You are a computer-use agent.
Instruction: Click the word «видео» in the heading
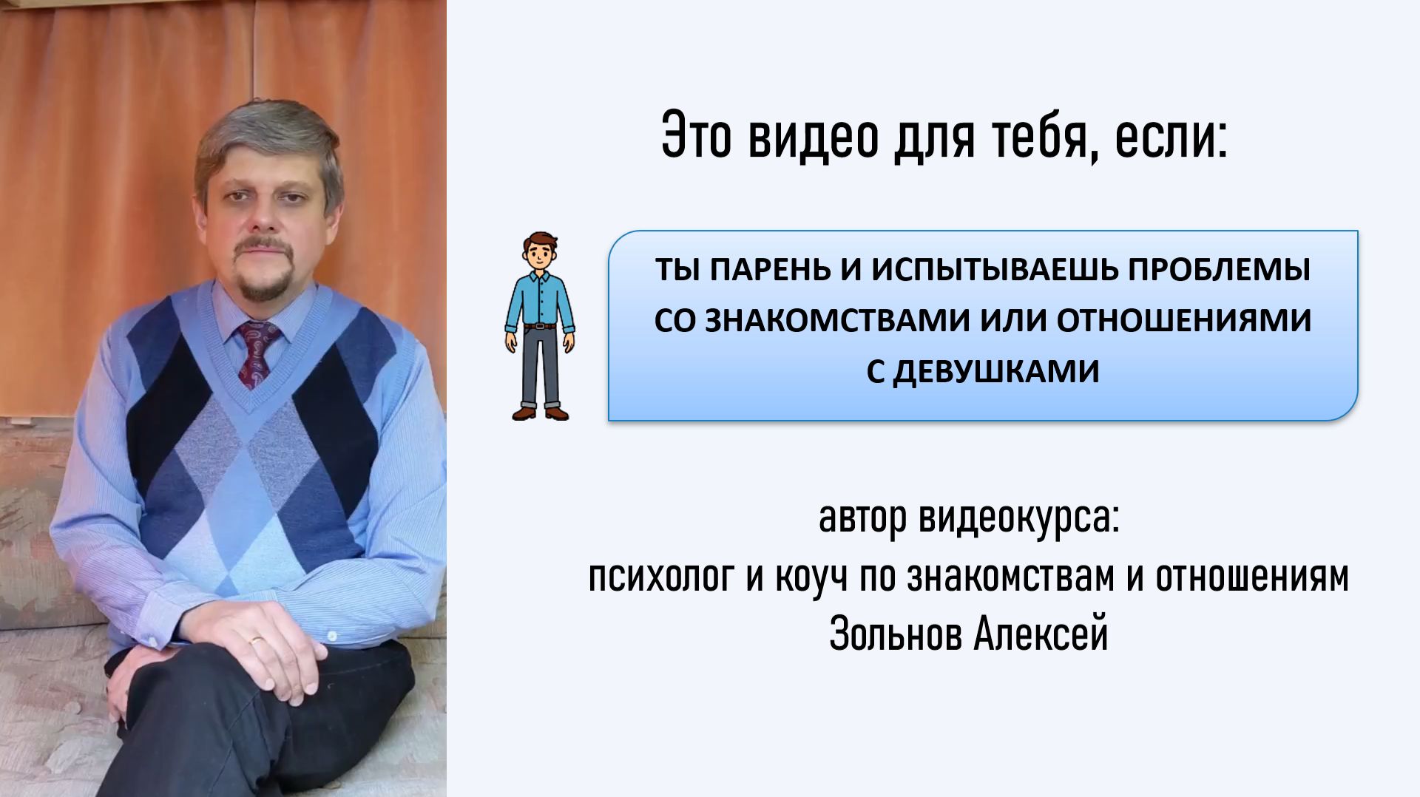tap(812, 137)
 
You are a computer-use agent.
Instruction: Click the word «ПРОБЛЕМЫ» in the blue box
tap(1219, 270)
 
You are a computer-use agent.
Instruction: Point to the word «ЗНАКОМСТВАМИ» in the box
tap(837, 321)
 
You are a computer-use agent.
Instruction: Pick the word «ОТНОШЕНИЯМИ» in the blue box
tap(1183, 321)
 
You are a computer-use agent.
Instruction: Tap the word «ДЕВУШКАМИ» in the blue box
tap(995, 372)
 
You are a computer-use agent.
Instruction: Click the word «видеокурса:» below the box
tap(1019, 518)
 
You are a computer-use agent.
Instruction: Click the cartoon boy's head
tap(540, 253)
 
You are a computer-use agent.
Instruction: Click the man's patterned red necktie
tap(257, 350)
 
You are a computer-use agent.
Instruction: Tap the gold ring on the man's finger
tap(257, 640)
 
